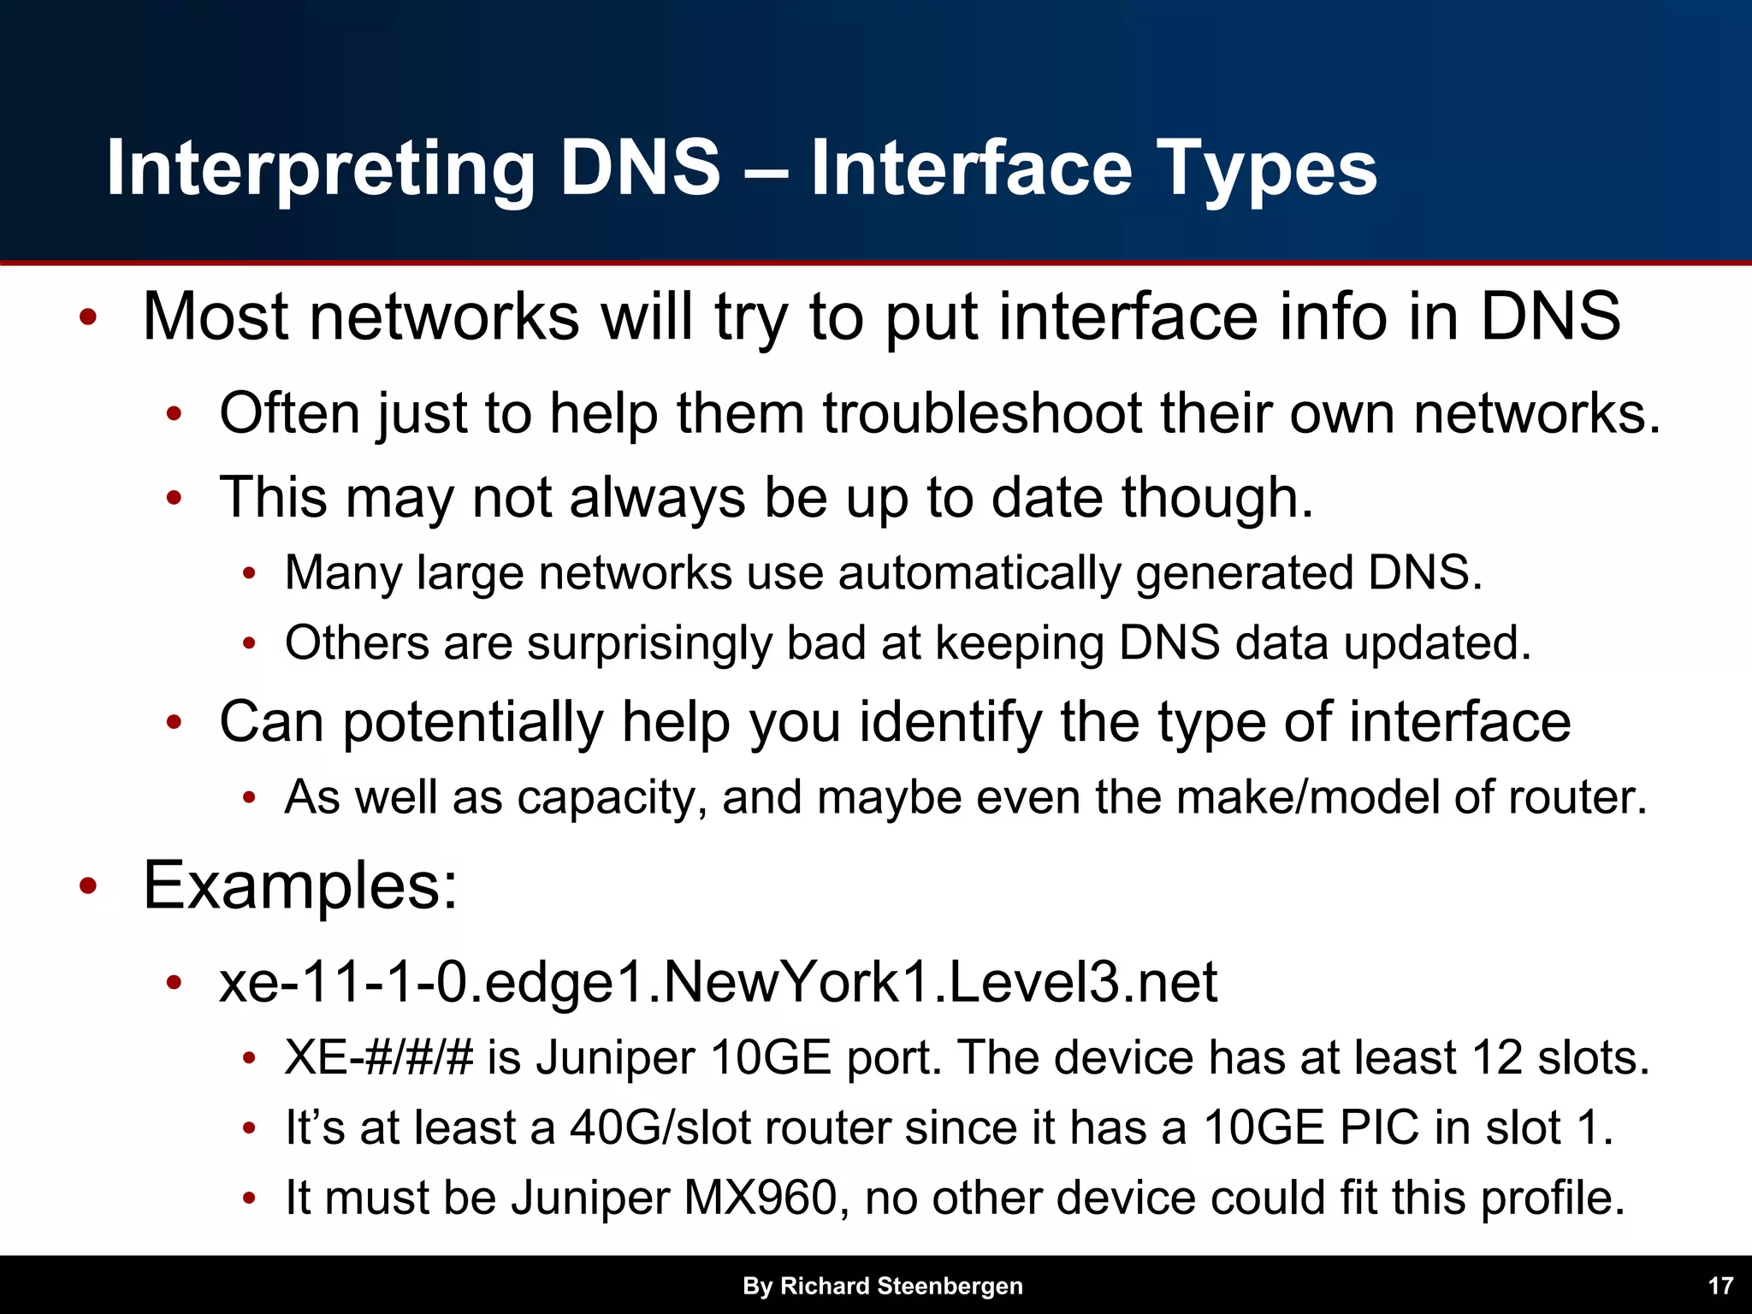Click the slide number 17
1720,1286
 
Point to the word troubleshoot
982,414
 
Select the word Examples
299,885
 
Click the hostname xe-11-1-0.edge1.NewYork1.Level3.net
718,982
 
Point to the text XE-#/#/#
378,1058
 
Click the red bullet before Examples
87,886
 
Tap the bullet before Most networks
87,318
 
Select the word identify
950,723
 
